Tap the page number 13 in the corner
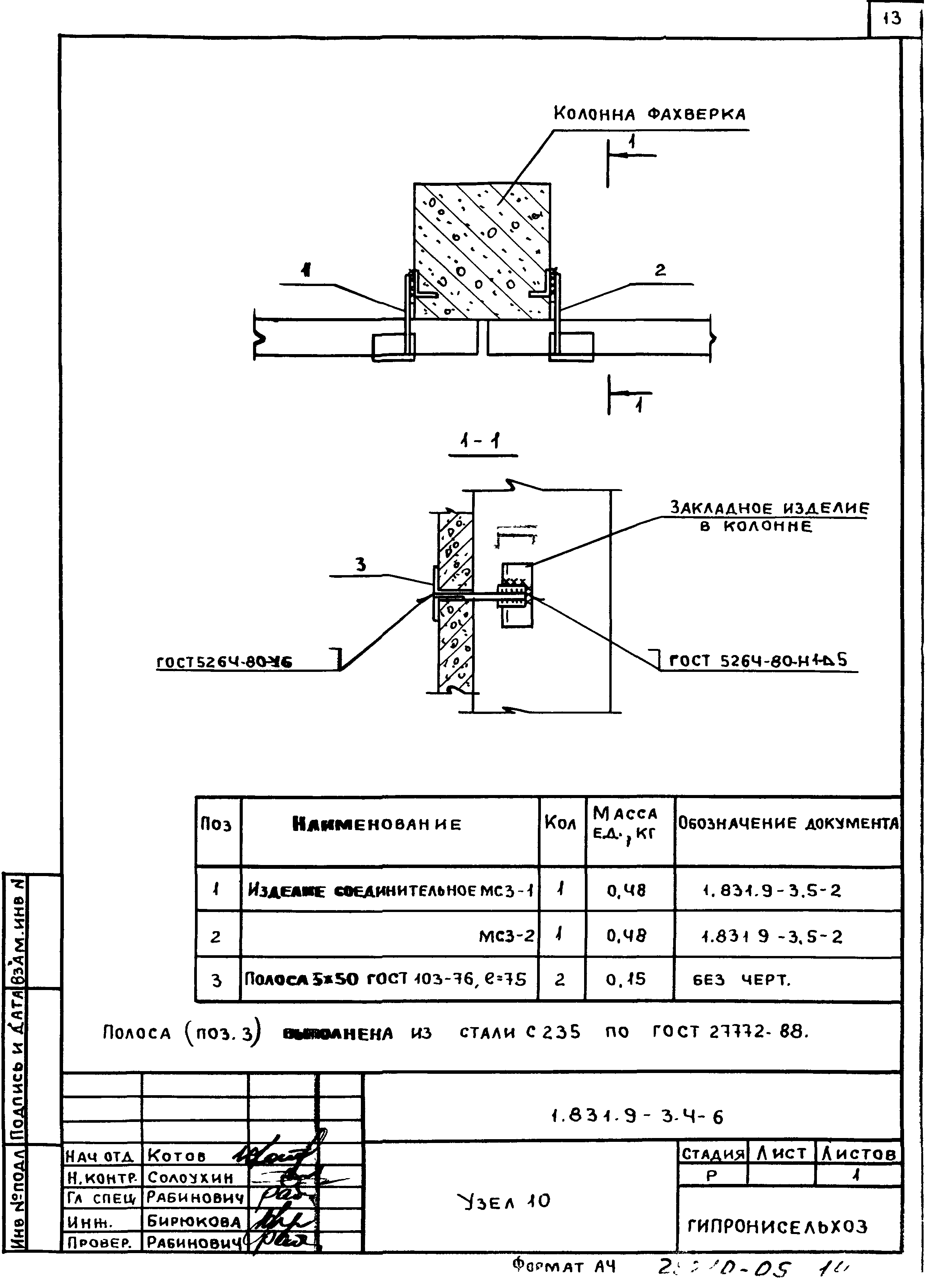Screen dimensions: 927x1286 coord(893,19)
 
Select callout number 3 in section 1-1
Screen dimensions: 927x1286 coord(360,565)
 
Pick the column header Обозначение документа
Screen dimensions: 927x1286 coord(788,823)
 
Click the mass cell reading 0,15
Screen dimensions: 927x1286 coord(626,979)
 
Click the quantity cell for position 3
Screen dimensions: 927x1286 coord(560,979)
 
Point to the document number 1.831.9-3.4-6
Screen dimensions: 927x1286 coord(637,1117)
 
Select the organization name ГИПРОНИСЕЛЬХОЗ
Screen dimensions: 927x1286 coord(777,1226)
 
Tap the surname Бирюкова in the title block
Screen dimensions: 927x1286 coord(193,1221)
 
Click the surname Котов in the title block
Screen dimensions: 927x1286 coord(176,1156)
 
